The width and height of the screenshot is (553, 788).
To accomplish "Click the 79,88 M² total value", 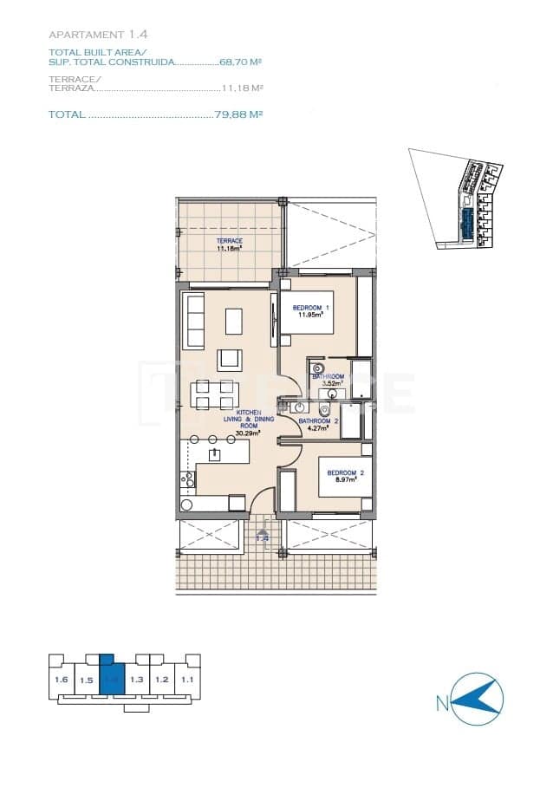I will click(x=238, y=114).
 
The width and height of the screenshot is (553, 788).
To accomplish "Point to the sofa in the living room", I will click(x=192, y=321).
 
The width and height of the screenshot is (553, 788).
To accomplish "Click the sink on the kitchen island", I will click(x=215, y=454).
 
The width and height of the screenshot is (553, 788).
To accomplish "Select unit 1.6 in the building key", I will click(x=61, y=680).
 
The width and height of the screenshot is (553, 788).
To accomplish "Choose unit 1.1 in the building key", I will click(x=187, y=680).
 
